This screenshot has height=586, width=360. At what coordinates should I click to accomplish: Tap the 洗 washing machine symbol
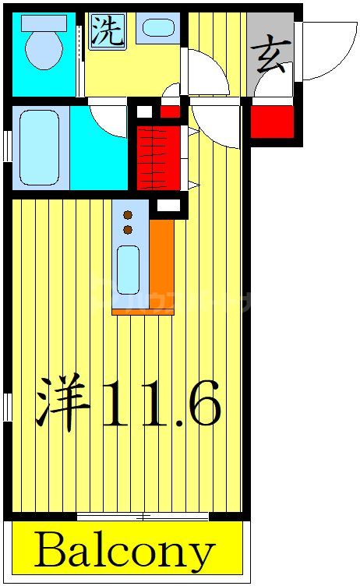coord(107,32)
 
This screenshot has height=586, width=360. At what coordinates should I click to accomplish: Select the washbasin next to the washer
coord(159,29)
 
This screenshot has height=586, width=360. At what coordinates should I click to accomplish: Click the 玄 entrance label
coord(270,56)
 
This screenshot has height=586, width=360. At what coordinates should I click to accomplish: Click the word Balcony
coord(125,551)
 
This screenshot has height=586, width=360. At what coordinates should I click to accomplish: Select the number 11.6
coord(161,402)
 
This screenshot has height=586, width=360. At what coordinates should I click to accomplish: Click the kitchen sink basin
coord(128,269)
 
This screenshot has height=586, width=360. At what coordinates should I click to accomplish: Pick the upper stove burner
coord(128,214)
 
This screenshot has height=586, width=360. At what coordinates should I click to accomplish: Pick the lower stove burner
coord(128,229)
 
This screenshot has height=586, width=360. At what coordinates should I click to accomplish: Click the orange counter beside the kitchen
coord(162,265)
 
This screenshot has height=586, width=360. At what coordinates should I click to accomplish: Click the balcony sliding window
coord(143,517)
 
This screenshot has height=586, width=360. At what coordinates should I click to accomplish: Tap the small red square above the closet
coord(169,111)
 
